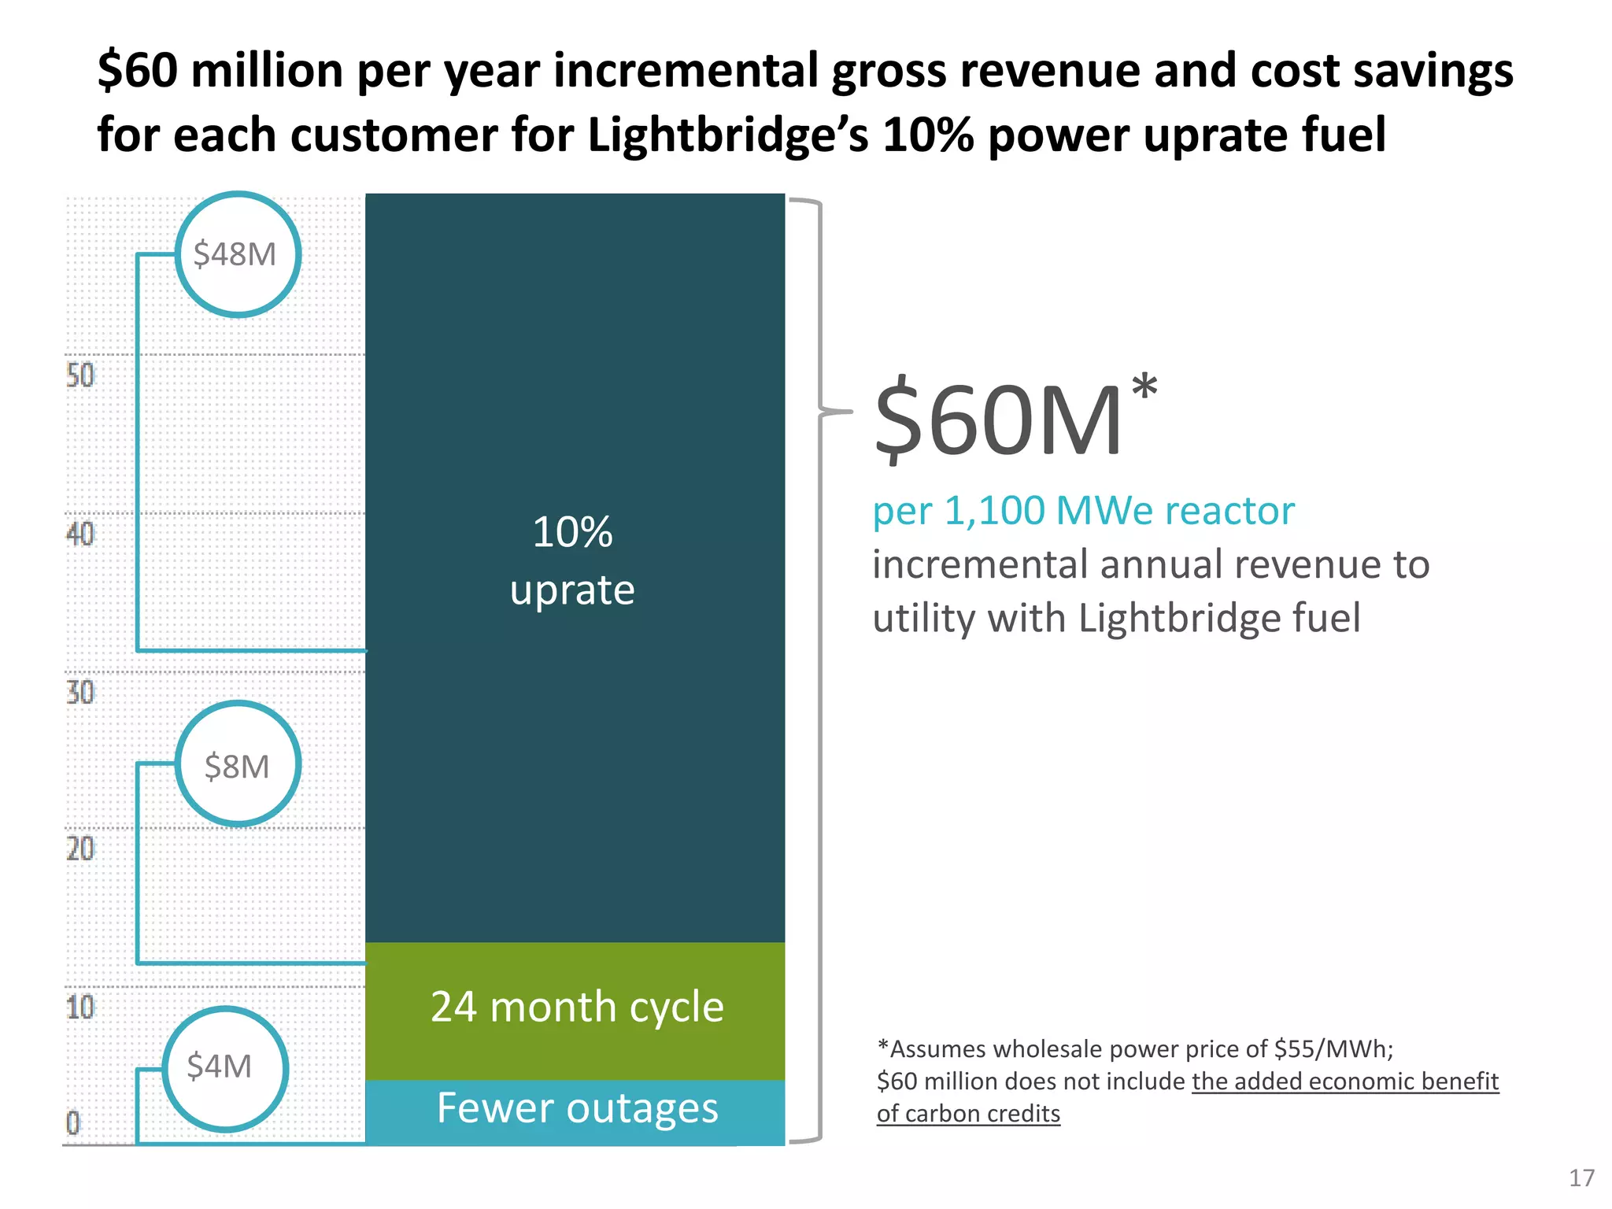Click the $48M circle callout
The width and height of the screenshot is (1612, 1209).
237,254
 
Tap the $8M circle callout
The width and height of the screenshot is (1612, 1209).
237,764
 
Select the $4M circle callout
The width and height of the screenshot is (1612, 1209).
224,1068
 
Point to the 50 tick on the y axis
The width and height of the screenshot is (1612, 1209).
79,375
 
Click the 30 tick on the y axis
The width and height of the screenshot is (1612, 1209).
79,693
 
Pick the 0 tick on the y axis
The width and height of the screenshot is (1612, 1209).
72,1122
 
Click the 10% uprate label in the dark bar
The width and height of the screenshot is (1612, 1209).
572,560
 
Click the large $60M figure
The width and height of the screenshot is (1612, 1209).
998,420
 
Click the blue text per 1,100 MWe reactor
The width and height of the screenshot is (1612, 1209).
1083,511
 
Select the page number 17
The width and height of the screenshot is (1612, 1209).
1581,1178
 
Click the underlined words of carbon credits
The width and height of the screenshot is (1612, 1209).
968,1114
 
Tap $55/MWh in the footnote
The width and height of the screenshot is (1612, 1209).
1333,1049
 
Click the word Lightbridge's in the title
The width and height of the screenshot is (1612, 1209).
728,135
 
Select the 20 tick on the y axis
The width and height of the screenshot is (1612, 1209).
79,849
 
